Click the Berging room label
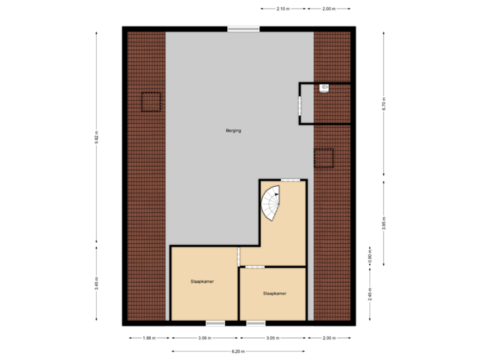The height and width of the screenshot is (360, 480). click(233, 131)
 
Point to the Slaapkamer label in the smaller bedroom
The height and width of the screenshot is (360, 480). click(274, 293)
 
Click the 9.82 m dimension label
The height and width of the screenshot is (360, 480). click(97, 137)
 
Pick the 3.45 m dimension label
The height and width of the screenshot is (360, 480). click(97, 284)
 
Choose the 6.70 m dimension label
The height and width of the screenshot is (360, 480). click(384, 104)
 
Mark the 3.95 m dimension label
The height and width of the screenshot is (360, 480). click(384, 222)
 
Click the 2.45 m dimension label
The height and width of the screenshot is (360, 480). click(370, 294)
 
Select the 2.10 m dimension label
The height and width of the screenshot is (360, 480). click(283, 9)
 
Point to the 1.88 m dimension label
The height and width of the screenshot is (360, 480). click(149, 338)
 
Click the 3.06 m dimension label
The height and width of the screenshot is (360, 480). click(205, 338)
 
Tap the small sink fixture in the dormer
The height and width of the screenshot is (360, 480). click(324, 88)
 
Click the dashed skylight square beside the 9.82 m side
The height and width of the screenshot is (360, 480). click(151, 102)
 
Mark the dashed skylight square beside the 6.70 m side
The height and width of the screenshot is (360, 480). click(323, 157)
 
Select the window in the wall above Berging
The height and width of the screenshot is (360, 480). click(243, 29)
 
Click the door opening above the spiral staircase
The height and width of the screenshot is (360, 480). click(289, 180)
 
